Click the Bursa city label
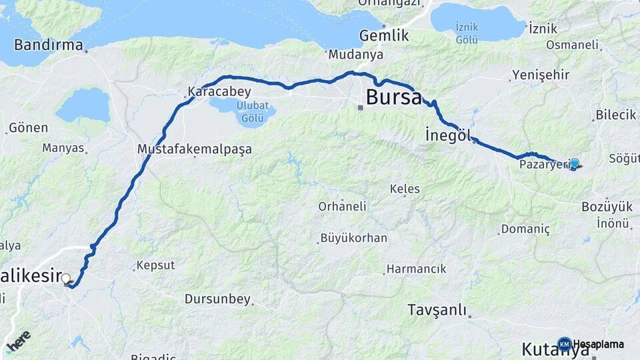(x=393, y=97)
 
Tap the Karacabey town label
(x=211, y=91)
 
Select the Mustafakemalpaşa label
(x=194, y=149)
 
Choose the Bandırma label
(x=49, y=45)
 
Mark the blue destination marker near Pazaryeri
(x=574, y=163)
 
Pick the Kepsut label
(x=155, y=265)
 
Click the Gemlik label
(x=384, y=35)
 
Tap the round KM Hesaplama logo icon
(x=564, y=344)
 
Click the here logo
(x=18, y=341)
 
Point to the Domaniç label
(x=527, y=229)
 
